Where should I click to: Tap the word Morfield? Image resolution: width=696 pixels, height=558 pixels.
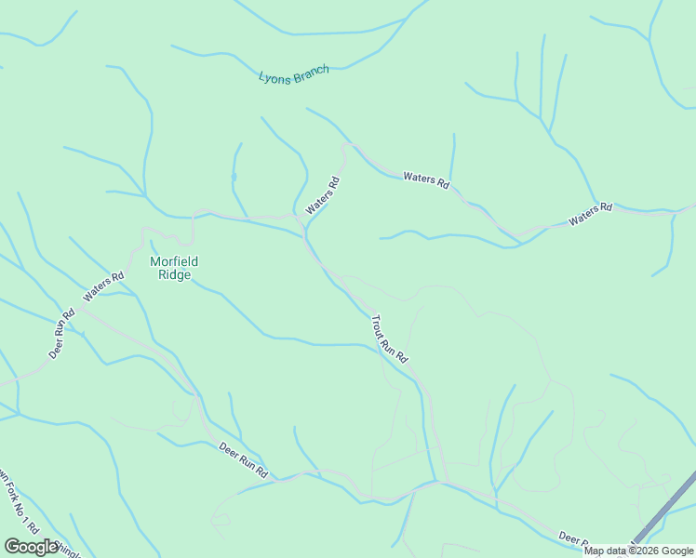pyautogui.click(x=174, y=261)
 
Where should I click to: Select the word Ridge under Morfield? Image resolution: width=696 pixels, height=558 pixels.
pyautogui.click(x=174, y=274)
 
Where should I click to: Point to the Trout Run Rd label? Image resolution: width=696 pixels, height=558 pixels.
pyautogui.click(x=389, y=339)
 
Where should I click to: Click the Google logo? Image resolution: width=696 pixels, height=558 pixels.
pyautogui.click(x=32, y=547)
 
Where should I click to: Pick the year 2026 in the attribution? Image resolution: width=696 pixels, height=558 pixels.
pyautogui.click(x=647, y=551)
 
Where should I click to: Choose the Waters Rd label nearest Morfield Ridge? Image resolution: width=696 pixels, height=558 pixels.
pyautogui.click(x=103, y=286)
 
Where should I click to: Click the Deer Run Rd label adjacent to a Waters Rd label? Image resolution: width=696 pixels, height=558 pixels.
pyautogui.click(x=62, y=334)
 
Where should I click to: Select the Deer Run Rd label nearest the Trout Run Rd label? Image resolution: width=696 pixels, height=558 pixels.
pyautogui.click(x=243, y=460)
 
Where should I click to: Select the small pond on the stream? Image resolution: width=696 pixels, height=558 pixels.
pyautogui.click(x=234, y=176)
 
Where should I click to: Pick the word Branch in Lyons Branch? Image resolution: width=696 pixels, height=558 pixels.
pyautogui.click(x=311, y=72)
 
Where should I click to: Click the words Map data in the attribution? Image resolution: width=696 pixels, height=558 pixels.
pyautogui.click(x=606, y=551)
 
